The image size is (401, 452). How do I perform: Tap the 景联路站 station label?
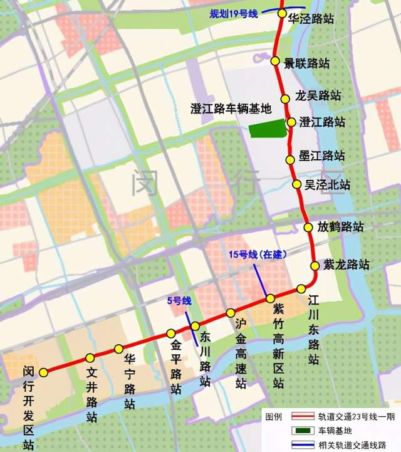306,63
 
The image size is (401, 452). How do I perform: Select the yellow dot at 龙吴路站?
285,98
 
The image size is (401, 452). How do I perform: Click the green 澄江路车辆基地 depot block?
268,130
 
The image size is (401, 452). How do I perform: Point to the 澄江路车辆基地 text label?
231,108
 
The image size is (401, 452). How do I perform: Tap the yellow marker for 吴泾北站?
298,184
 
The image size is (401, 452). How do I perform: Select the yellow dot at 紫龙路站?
315,265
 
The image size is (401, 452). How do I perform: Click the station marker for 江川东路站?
301,289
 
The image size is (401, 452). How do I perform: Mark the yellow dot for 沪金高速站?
231,312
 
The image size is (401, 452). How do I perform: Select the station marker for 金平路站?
170,334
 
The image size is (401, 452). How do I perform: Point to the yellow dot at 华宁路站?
118,349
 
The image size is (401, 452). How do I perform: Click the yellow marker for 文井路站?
90,357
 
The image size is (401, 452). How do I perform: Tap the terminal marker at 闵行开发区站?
43,372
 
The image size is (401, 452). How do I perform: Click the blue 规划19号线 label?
234,13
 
